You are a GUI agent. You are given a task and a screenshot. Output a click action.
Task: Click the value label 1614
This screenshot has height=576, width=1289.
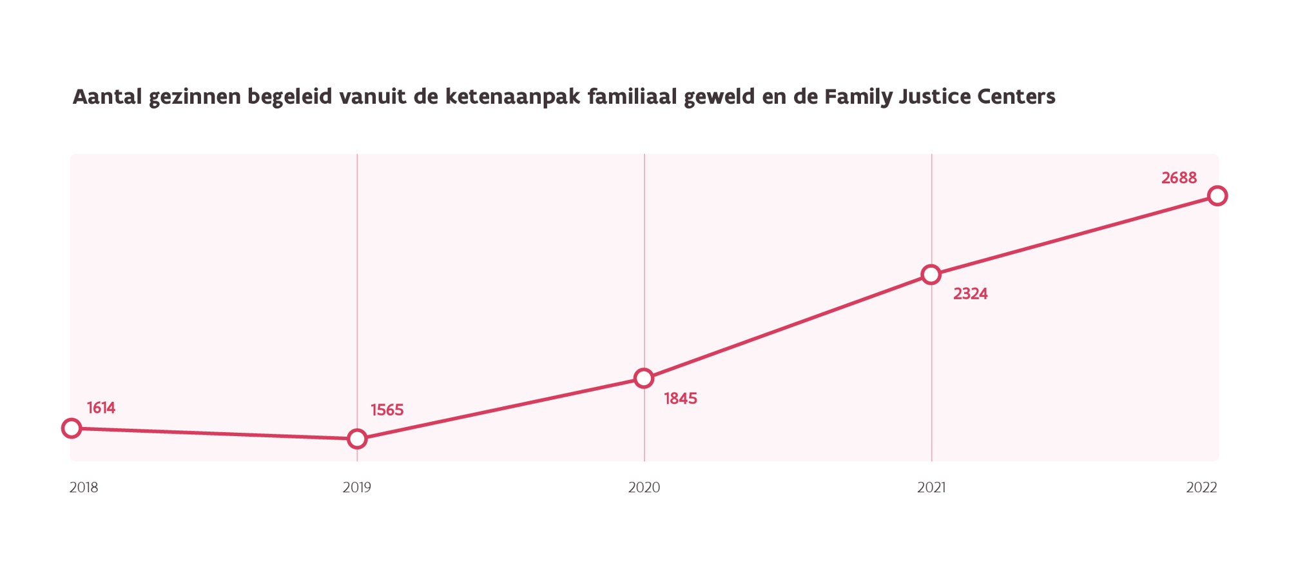click(x=101, y=408)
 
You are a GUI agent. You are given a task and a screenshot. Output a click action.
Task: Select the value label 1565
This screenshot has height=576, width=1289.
click(x=387, y=410)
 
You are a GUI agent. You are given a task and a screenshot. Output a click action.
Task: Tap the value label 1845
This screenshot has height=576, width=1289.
click(x=681, y=399)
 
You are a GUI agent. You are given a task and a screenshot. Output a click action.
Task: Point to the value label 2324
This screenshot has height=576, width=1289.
click(x=971, y=294)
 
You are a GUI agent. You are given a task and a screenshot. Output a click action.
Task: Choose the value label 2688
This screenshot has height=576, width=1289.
click(x=1179, y=178)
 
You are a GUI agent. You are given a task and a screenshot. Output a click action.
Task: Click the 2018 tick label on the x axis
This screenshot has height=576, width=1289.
click(x=84, y=488)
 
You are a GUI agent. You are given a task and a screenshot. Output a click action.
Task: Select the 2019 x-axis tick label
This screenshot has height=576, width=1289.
click(x=357, y=488)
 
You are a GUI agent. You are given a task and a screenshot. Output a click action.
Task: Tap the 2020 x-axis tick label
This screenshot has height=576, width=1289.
click(x=644, y=488)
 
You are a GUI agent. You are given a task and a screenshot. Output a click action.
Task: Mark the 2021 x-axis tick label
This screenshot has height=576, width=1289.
click(x=931, y=488)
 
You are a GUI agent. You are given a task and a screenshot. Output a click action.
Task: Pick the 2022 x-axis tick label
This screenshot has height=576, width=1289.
click(x=1202, y=488)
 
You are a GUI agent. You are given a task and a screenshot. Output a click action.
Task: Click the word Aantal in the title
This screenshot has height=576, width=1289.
click(x=108, y=97)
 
